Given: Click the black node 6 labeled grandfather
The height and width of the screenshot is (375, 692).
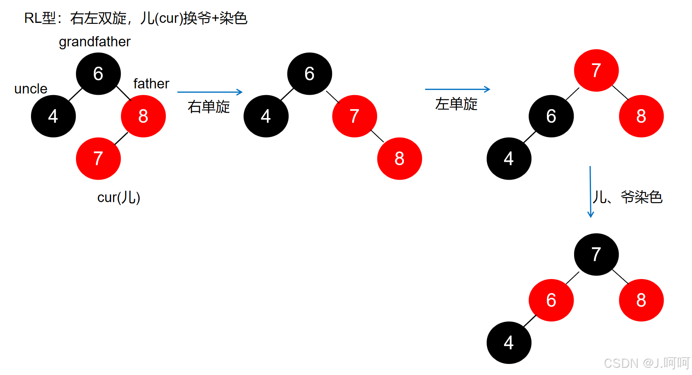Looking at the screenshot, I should coord(98,73).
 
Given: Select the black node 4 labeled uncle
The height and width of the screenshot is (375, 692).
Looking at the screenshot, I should coord(53,116).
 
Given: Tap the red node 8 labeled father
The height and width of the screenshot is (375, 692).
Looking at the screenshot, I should coord(143,116).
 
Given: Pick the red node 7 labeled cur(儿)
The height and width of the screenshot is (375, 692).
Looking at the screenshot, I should coord(98,158).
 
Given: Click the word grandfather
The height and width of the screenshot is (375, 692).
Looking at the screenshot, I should coord(95,42).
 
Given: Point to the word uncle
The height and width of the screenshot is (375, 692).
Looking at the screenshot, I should coord(31,89).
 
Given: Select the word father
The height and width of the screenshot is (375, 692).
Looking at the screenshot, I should coord(151,84).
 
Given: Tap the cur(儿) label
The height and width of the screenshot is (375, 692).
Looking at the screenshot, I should coord(118,197).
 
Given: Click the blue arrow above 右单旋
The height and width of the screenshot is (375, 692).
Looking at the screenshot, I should coord(210,92).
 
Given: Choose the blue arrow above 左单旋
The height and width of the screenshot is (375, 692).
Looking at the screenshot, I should coord(457,89).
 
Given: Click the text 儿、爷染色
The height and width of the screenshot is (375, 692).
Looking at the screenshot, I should coord(628,197).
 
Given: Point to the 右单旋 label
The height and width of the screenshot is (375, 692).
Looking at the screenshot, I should coord(209,107).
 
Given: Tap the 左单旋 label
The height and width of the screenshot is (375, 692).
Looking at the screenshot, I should coord(457,104).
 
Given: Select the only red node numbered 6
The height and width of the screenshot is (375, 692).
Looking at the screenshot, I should coord(551,300).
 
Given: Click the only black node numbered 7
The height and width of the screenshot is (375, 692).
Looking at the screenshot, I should coord(596,254).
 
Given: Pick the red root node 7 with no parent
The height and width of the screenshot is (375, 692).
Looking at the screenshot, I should coord(596,70).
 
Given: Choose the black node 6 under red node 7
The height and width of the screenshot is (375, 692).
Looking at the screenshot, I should coord(551,116).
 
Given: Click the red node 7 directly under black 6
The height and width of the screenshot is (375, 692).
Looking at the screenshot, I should coord(354,116).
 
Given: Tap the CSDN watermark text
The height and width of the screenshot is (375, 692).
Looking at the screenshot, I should coord(647,363).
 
